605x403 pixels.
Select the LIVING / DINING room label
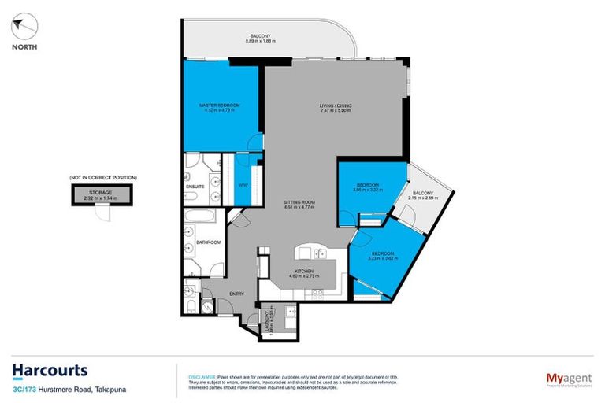click(335, 108)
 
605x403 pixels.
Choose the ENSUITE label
click(195, 187)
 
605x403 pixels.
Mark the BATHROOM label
click(207, 242)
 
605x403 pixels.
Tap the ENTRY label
click(236, 294)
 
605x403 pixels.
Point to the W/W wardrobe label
click(243, 186)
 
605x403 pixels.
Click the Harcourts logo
click(50, 371)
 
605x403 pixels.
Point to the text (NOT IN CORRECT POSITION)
click(102, 178)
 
